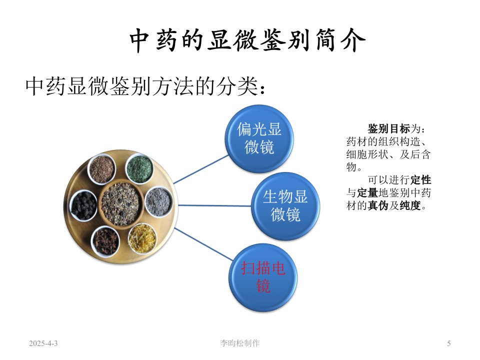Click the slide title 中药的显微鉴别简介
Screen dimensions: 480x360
point(247,40)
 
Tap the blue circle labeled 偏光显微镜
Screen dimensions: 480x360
point(259,138)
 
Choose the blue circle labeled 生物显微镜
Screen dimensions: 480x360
point(285,206)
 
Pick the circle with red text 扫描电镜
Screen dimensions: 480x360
point(263,277)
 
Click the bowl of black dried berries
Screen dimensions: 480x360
point(83,205)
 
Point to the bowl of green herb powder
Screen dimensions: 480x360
point(139,168)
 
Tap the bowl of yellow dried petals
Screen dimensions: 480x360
point(142,239)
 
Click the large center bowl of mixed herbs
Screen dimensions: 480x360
point(121,203)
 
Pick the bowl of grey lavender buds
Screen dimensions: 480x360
point(158,202)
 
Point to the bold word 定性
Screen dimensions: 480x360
point(421,180)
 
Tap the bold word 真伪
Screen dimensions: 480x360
point(378,205)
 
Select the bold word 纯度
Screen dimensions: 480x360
point(410,205)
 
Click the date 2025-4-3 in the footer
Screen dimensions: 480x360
point(43,343)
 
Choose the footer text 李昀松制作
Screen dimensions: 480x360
point(239,343)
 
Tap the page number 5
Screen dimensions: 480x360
point(449,343)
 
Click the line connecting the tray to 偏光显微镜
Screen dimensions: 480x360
point(201,169)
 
